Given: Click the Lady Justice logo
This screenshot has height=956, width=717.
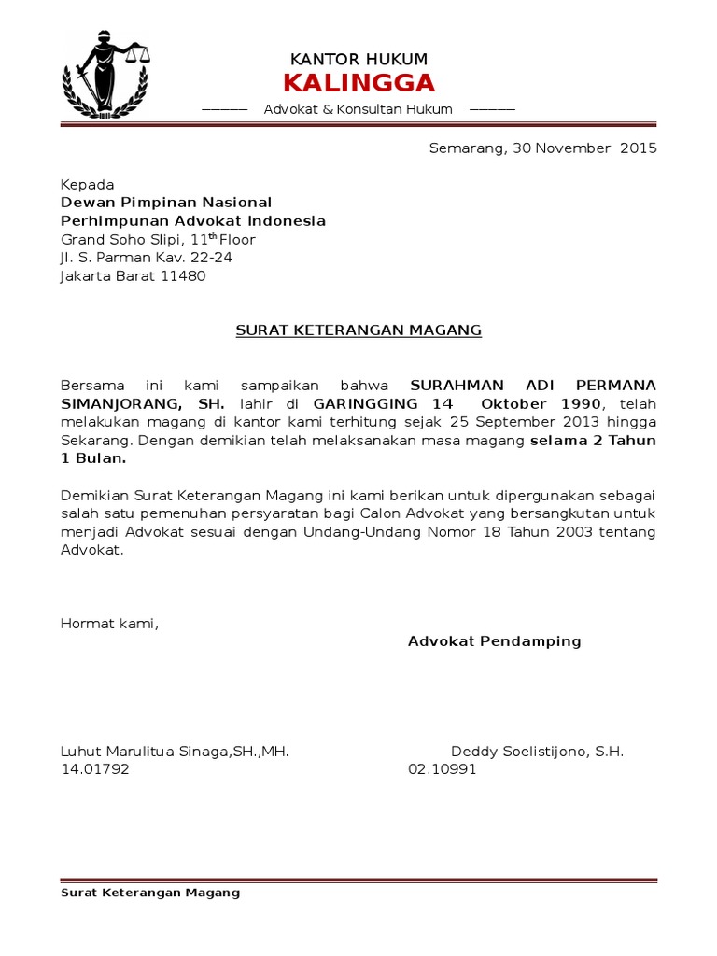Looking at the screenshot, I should click(x=105, y=74).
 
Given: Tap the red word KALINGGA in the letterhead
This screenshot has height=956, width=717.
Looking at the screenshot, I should click(x=358, y=83).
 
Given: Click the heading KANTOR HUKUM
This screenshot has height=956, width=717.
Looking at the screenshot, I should click(x=358, y=60).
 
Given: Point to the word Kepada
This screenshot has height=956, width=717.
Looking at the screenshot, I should click(x=87, y=185).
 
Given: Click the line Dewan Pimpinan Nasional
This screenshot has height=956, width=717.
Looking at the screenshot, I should click(x=166, y=203).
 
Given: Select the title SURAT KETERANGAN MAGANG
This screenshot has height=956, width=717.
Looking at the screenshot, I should click(x=358, y=330).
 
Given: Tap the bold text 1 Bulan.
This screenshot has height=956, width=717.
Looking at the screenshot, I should click(x=93, y=459).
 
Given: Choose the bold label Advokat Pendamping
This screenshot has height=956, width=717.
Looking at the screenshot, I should click(x=495, y=641).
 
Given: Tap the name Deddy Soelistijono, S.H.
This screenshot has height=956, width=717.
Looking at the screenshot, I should click(x=537, y=752).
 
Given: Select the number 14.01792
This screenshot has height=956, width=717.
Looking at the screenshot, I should click(x=95, y=770).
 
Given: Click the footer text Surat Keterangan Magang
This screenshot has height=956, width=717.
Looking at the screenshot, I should click(x=150, y=893).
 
